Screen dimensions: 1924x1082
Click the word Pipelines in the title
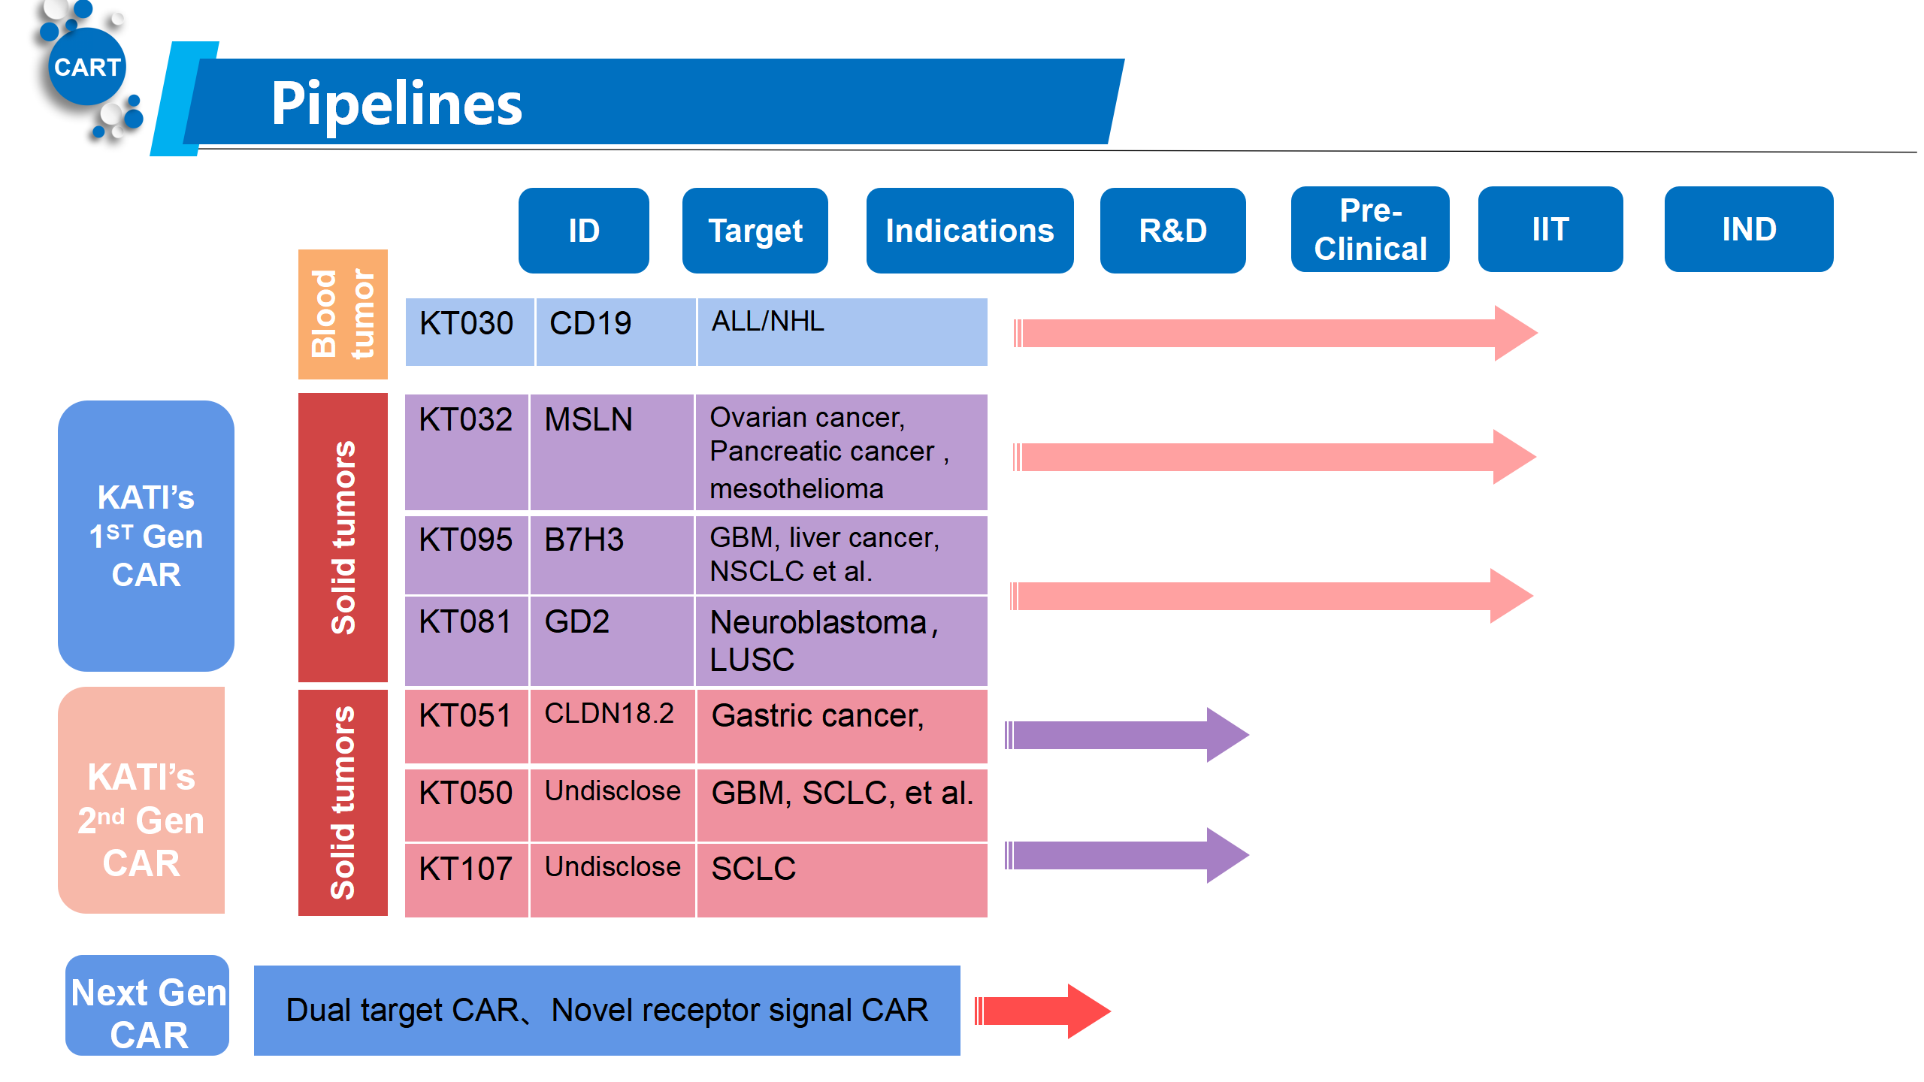tap(397, 103)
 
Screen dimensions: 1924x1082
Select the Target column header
tap(755, 231)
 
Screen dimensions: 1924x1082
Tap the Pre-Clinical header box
tap(1370, 229)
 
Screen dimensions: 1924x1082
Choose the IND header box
tap(1749, 229)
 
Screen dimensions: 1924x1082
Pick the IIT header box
tap(1550, 229)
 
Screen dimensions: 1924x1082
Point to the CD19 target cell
tap(616, 332)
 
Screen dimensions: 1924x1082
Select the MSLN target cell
tap(612, 452)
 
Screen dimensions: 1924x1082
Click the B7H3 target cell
tap(612, 555)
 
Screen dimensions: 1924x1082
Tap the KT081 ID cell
tap(467, 641)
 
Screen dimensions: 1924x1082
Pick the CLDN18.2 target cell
tap(612, 726)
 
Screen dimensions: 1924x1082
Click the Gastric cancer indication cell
tap(842, 726)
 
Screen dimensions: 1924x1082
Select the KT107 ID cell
tap(467, 880)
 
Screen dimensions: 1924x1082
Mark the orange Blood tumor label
tap(343, 314)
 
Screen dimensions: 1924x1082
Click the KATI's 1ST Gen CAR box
tap(146, 536)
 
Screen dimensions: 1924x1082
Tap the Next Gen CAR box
tap(147, 1005)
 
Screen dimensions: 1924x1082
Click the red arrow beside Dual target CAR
tap(1042, 1011)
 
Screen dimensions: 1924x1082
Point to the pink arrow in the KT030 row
tap(1275, 333)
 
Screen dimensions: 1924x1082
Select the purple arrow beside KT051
tap(1127, 735)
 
